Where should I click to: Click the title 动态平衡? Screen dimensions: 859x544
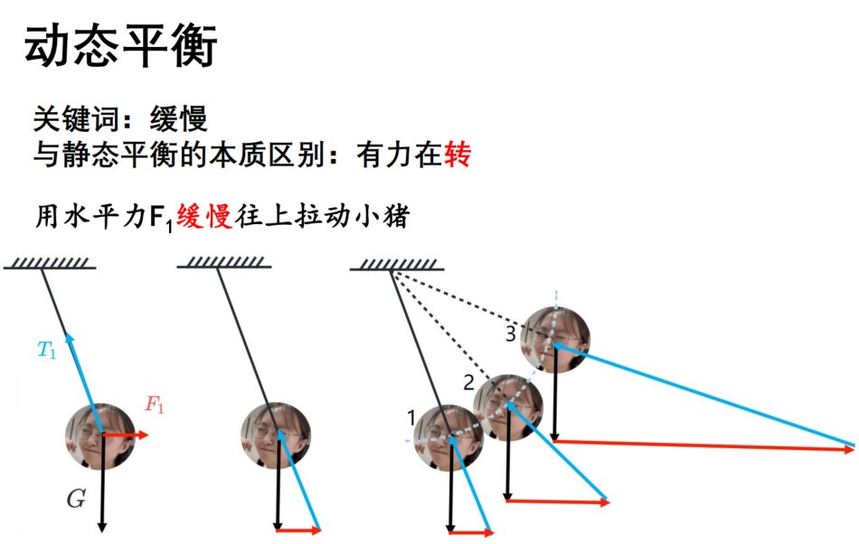click(x=121, y=46)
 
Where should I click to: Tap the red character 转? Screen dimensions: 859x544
click(x=458, y=155)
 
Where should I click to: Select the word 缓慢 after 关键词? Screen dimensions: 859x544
click(x=179, y=118)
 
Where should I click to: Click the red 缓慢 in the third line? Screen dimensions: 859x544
click(x=204, y=216)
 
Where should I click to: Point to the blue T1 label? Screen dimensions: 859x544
click(x=46, y=350)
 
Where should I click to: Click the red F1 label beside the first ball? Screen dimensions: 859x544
click(x=154, y=405)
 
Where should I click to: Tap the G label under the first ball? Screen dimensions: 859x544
click(x=76, y=499)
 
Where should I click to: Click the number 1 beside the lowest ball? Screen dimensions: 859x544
click(x=411, y=418)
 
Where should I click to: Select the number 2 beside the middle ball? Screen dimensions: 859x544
click(x=468, y=382)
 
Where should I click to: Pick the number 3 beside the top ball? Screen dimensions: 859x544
click(x=511, y=333)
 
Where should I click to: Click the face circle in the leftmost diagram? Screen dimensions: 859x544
click(x=100, y=436)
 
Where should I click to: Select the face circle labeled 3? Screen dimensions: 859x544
click(x=555, y=340)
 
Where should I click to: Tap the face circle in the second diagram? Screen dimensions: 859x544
click(x=276, y=436)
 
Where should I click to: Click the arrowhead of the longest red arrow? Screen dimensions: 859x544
click(x=849, y=449)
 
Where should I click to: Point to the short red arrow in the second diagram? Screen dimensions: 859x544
click(x=298, y=530)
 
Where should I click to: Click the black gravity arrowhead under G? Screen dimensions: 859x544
click(x=102, y=527)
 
